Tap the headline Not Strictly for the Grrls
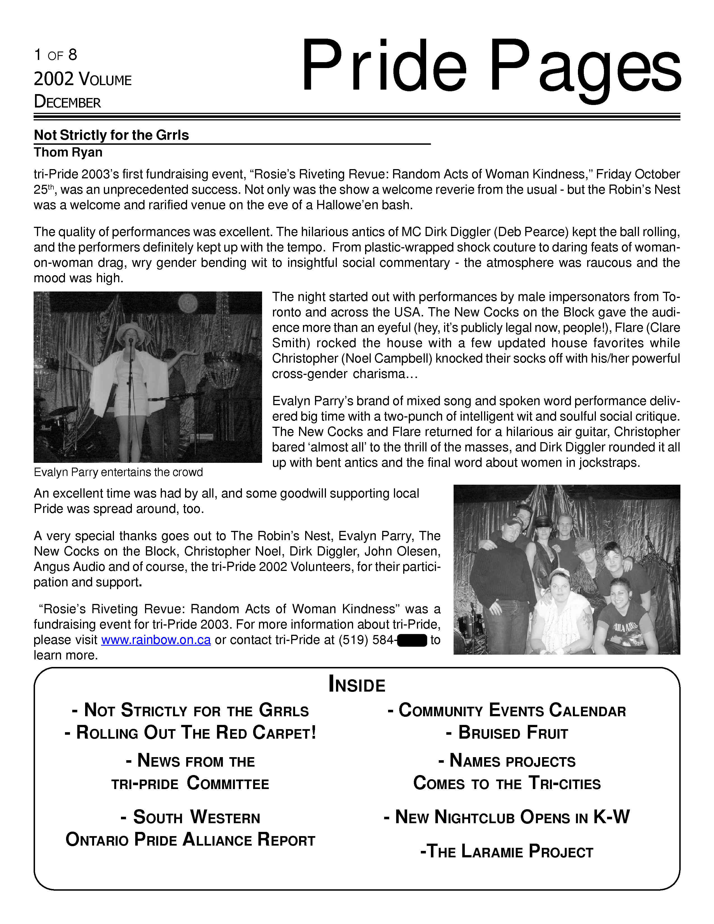[x=111, y=135]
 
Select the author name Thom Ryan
[x=68, y=152]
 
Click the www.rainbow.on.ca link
[x=156, y=640]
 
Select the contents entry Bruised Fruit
[x=507, y=733]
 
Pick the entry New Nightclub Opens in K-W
[x=507, y=817]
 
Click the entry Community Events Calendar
[x=507, y=710]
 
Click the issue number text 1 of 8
[x=55, y=55]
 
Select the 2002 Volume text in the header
[x=83, y=79]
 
